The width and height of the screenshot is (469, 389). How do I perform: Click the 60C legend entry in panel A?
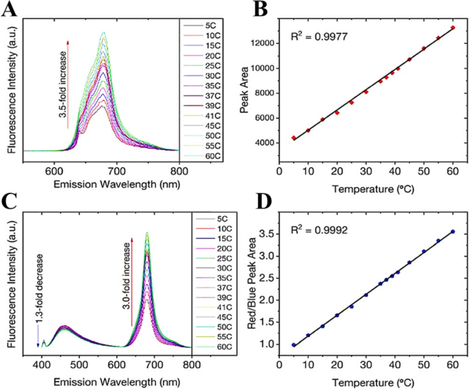pos(210,165)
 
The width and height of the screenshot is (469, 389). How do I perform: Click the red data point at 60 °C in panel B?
pos(453,27)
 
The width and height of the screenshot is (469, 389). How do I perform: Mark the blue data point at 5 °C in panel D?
pos(294,345)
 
